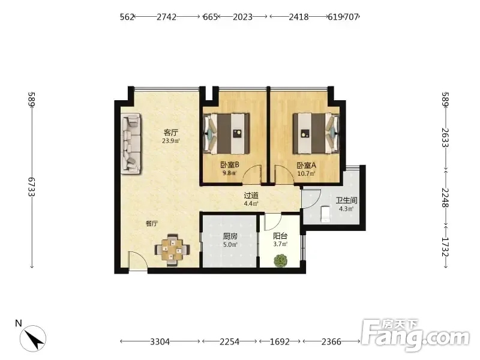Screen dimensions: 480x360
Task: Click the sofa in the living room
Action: (x=131, y=144)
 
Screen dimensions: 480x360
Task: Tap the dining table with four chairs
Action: (x=172, y=250)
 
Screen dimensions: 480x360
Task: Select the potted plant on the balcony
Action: (x=280, y=260)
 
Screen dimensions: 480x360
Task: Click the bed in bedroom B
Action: (x=227, y=134)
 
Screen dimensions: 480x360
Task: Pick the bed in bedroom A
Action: (x=316, y=133)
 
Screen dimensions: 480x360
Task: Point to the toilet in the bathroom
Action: (x=325, y=214)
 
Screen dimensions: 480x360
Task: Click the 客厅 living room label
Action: (x=171, y=133)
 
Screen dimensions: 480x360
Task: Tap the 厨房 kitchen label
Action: (x=230, y=236)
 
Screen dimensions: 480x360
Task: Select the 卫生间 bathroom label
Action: (x=347, y=200)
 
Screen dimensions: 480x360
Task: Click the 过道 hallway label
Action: (x=251, y=196)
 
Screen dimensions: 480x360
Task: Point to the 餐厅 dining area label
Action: (x=152, y=224)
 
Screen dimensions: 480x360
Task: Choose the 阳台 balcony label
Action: (x=280, y=236)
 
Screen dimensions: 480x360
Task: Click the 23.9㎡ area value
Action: (x=171, y=141)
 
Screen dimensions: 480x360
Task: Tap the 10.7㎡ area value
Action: (x=307, y=173)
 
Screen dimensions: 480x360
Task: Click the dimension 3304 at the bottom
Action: (x=160, y=341)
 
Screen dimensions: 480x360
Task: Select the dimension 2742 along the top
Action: (x=167, y=17)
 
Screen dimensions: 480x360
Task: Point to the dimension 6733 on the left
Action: (x=32, y=187)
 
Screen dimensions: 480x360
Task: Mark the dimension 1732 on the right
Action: (x=445, y=247)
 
